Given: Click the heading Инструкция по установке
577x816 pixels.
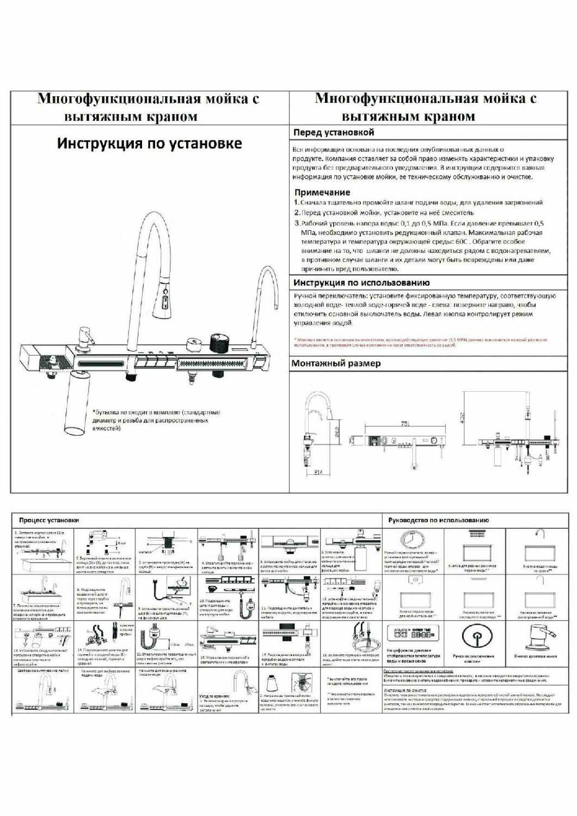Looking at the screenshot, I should [150, 144].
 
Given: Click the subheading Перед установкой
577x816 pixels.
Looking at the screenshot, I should [334, 132].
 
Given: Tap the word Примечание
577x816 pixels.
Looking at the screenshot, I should [322, 192].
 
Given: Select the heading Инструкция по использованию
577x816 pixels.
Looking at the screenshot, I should [361, 282].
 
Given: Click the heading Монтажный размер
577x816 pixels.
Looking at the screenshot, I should [336, 363].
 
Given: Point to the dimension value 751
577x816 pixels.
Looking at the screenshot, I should [404, 423].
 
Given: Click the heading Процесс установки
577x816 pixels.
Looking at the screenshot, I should [49, 520].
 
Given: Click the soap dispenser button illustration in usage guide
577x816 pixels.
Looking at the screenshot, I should [536, 636].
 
